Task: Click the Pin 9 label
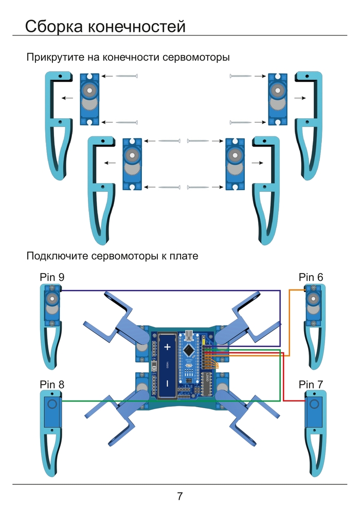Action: click(52, 277)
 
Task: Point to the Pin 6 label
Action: click(311, 277)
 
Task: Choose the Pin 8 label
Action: click(52, 384)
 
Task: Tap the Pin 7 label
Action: click(311, 384)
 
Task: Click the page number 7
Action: click(180, 496)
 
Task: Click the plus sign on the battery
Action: click(167, 347)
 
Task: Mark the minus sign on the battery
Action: click(167, 384)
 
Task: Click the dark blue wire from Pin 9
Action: click(170, 290)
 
